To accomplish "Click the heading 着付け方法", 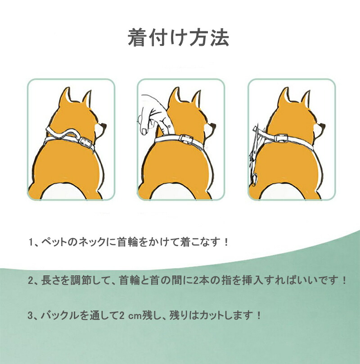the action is pyautogui.click(x=179, y=38).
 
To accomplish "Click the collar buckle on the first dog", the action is pyautogui.click(x=84, y=141).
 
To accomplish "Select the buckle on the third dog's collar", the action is pyautogui.click(x=281, y=138).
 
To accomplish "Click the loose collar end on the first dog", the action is pyautogui.click(x=61, y=133).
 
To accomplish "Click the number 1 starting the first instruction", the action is pyautogui.click(x=31, y=243).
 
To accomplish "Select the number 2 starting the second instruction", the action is pyautogui.click(x=31, y=281).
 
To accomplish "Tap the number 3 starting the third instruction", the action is pyautogui.click(x=31, y=316).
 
